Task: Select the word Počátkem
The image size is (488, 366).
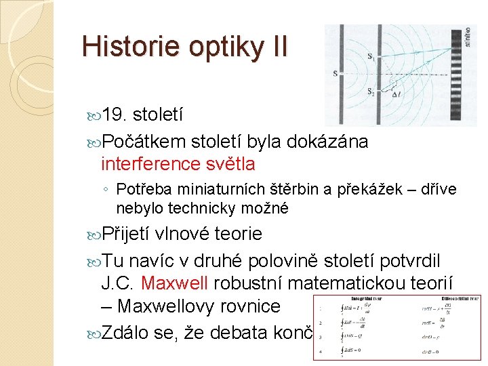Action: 144,142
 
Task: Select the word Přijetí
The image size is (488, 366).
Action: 127,234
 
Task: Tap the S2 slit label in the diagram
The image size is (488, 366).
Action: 370,91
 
